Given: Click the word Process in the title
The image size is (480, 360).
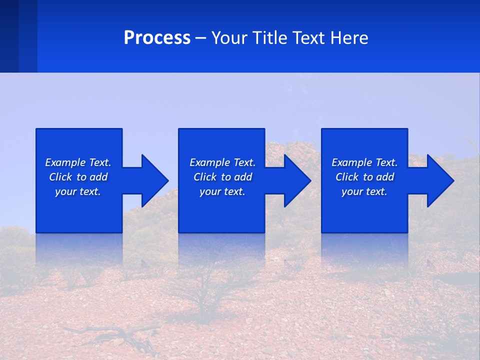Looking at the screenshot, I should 157,38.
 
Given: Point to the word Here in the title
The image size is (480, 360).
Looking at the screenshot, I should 348,38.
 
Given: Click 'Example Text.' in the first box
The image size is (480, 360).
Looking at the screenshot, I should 78,162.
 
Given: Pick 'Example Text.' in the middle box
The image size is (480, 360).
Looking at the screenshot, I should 222,162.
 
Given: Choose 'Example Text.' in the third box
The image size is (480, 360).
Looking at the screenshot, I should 364,162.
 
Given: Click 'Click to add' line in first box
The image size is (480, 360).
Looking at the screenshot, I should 78,177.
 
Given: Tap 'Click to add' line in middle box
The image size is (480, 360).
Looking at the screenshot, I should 222,177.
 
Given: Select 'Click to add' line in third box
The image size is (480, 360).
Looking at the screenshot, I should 364,177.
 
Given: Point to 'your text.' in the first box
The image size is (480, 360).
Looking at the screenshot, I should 78,191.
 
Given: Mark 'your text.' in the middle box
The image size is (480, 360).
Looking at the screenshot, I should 222,191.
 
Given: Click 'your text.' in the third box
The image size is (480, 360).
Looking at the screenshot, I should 364,191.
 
